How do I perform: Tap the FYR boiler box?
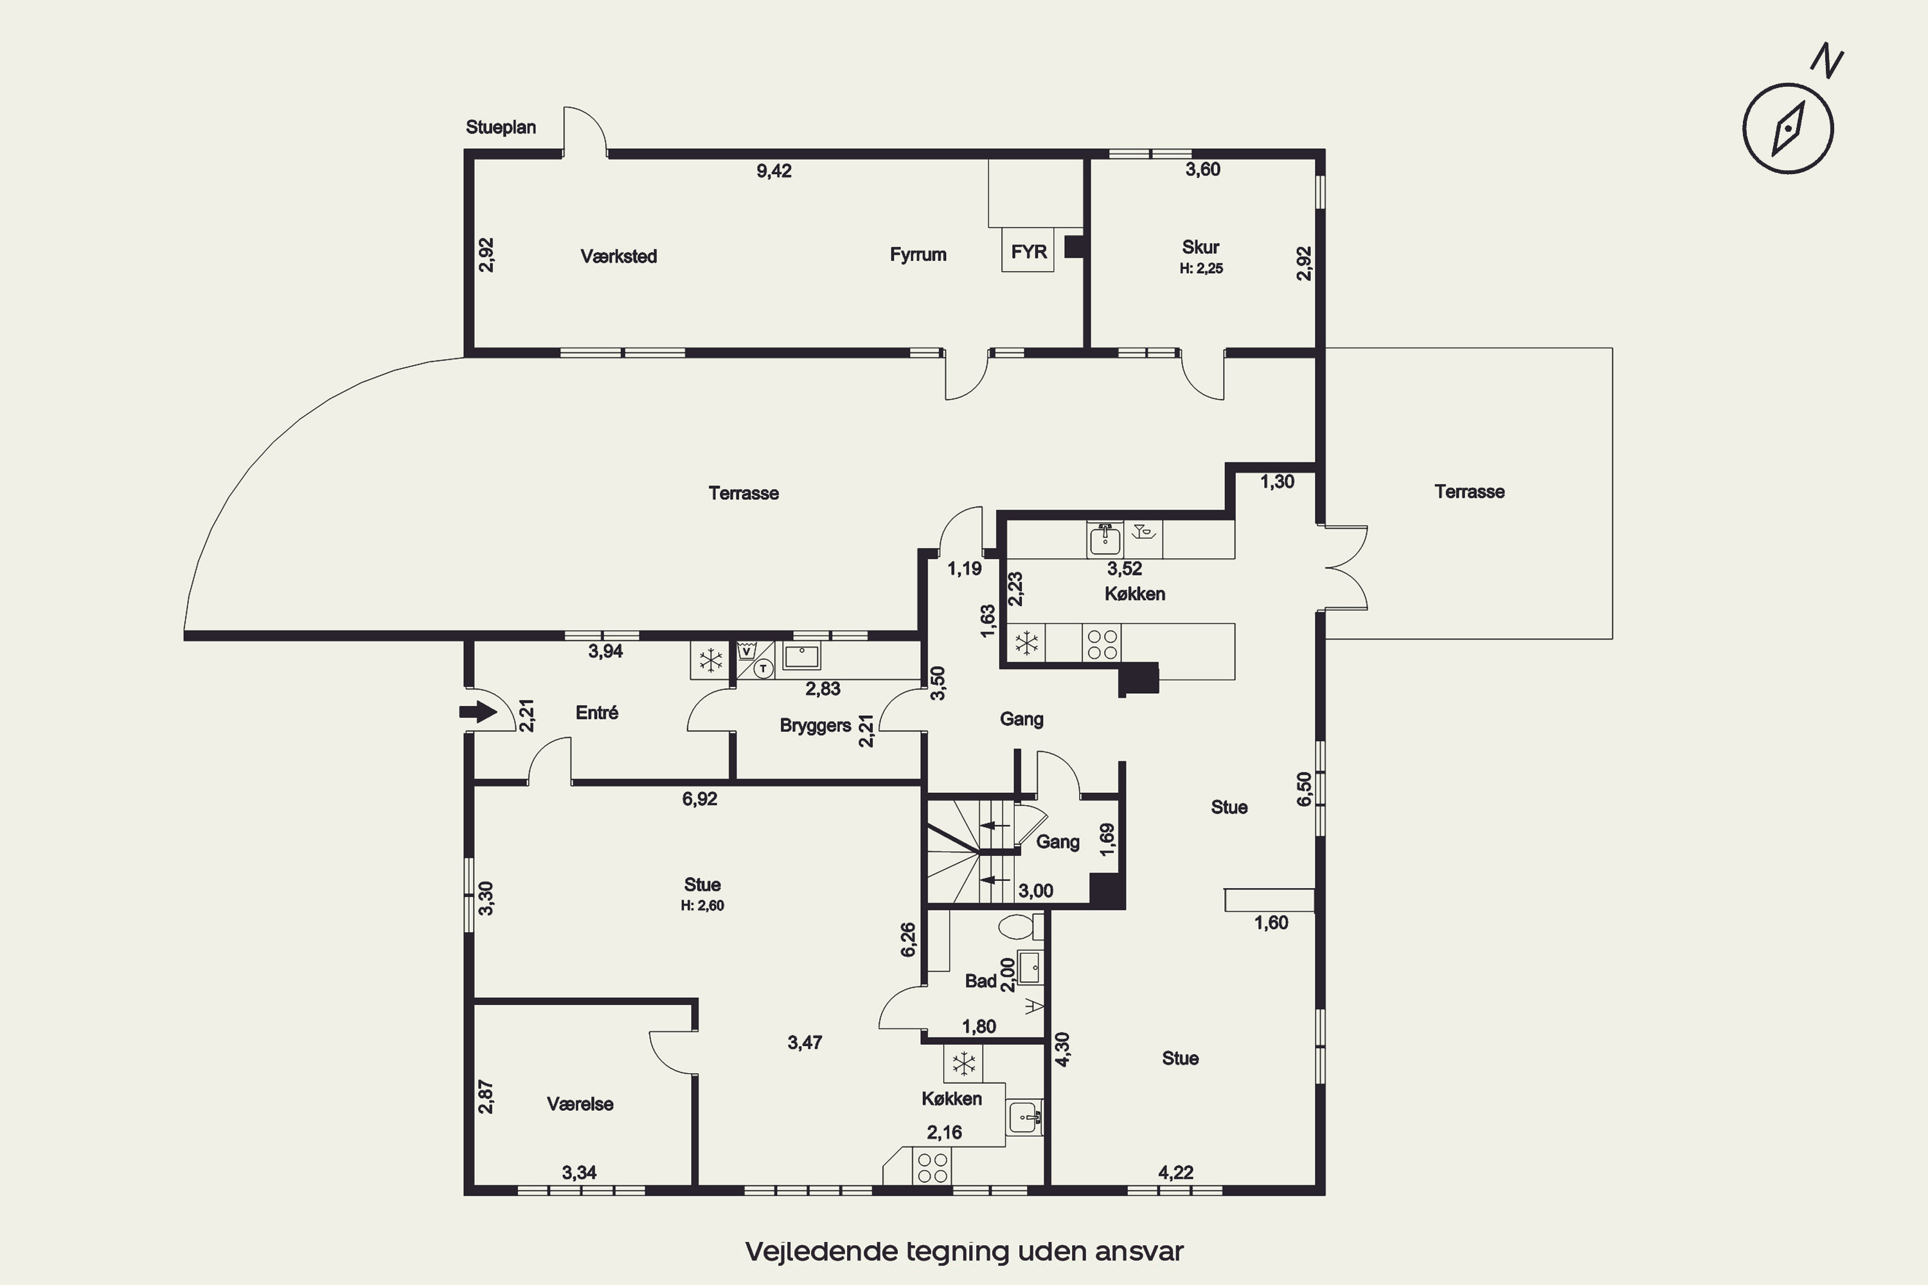point(1028,250)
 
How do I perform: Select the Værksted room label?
point(619,256)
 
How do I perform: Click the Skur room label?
point(1201,247)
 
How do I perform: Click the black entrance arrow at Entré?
point(478,712)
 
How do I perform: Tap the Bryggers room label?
point(815,726)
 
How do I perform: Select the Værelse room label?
point(580,1104)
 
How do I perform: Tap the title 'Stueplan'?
point(501,127)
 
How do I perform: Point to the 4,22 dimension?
point(1175,1173)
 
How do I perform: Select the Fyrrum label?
point(918,255)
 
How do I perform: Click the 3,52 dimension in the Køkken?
point(1125,569)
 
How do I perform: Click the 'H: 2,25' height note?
point(1201,269)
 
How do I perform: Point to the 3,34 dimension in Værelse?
point(579,1173)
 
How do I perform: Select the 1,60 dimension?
point(1271,923)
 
